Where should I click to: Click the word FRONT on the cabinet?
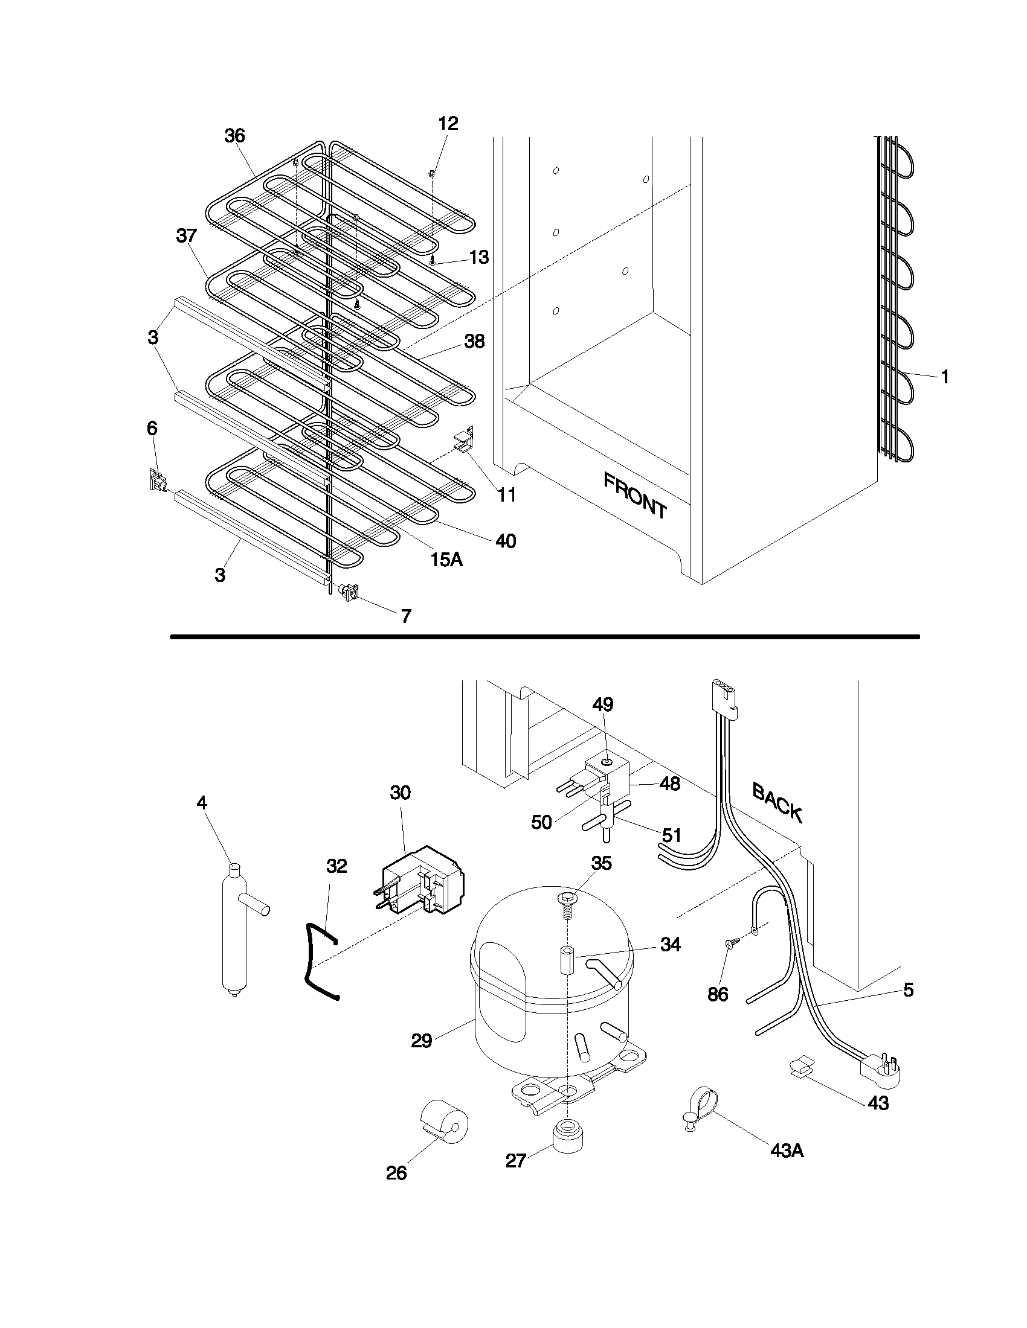[x=634, y=496]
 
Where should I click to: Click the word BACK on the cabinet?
[x=777, y=802]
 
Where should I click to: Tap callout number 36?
[x=234, y=136]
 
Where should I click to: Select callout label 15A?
[x=446, y=560]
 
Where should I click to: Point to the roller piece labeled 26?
[x=445, y=1119]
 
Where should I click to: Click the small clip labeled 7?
[x=349, y=591]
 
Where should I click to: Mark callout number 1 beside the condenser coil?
[x=944, y=378]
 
